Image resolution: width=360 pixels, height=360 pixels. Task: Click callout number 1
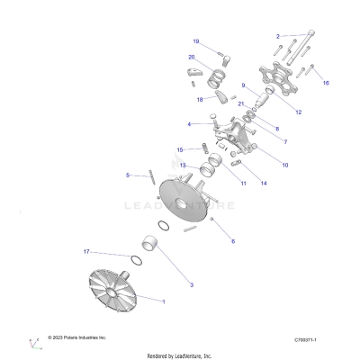coord(163,298)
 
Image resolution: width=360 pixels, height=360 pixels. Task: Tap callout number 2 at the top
coord(278,35)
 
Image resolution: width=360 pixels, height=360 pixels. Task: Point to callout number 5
coord(128,174)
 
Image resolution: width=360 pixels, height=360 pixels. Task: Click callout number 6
coord(233,241)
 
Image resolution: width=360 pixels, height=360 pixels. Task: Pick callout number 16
coord(326,82)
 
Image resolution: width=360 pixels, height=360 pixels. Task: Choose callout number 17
coord(112,251)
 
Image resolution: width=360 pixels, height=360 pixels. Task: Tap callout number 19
coord(195,41)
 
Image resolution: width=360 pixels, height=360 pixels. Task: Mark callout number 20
coord(192,58)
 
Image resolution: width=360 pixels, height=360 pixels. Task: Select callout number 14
coord(264,183)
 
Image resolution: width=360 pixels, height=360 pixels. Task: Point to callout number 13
coord(182,166)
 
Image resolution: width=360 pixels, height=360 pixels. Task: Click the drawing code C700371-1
coord(310,339)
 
